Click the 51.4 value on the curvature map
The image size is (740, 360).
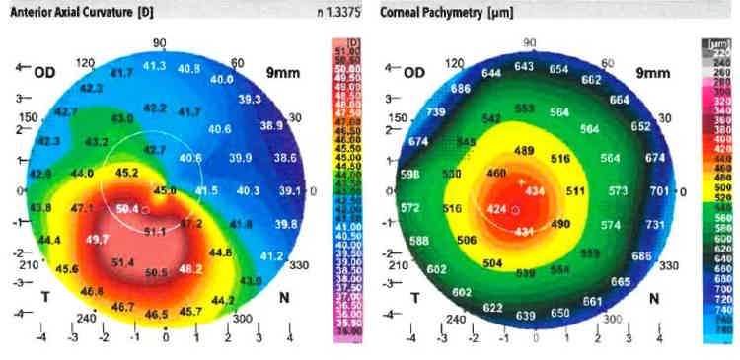(x=122, y=262)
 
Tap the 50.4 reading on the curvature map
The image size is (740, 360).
(x=127, y=208)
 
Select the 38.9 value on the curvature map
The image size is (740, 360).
(x=269, y=126)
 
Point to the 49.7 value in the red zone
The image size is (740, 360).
(x=98, y=240)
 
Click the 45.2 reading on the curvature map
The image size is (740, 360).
(x=127, y=172)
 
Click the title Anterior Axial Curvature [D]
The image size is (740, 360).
(x=70, y=11)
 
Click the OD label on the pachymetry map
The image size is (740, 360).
(x=414, y=73)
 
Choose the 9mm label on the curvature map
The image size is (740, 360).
(x=281, y=72)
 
